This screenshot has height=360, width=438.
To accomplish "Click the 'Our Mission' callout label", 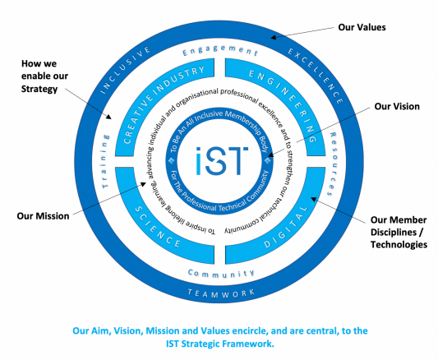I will pyautogui.click(x=42, y=217).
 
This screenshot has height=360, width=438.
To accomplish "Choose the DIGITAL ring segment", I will pyautogui.click(x=284, y=229).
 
